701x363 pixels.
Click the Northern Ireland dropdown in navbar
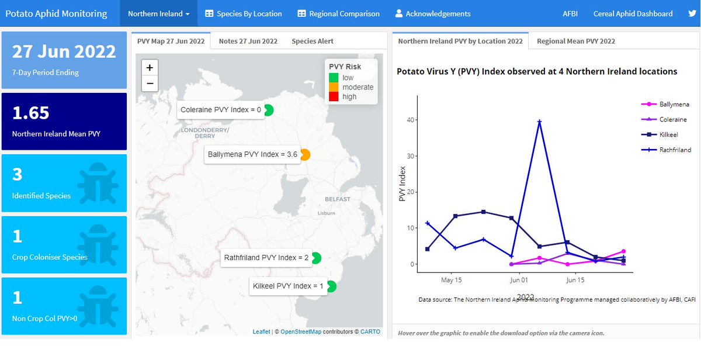click(x=158, y=13)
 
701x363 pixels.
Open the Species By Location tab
click(x=244, y=13)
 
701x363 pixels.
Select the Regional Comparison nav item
click(x=338, y=13)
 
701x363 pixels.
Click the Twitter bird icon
click(x=692, y=13)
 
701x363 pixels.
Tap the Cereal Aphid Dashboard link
click(x=633, y=13)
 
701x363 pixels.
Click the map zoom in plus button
click(x=150, y=68)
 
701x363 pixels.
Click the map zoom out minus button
click(x=150, y=83)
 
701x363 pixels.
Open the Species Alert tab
click(x=313, y=41)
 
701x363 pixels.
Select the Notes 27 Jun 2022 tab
click(x=248, y=41)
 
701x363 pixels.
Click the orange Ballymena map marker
click(x=305, y=155)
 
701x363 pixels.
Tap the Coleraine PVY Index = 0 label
click(x=221, y=110)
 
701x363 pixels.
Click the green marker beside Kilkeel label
click(x=331, y=286)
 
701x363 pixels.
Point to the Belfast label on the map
click(x=338, y=199)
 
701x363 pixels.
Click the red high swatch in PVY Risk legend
click(x=334, y=96)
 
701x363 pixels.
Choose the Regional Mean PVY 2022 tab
click(x=576, y=41)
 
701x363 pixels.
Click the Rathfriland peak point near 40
click(x=540, y=122)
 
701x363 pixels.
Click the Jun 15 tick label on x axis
click(x=575, y=280)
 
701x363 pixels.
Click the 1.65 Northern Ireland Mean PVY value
click(x=31, y=113)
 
